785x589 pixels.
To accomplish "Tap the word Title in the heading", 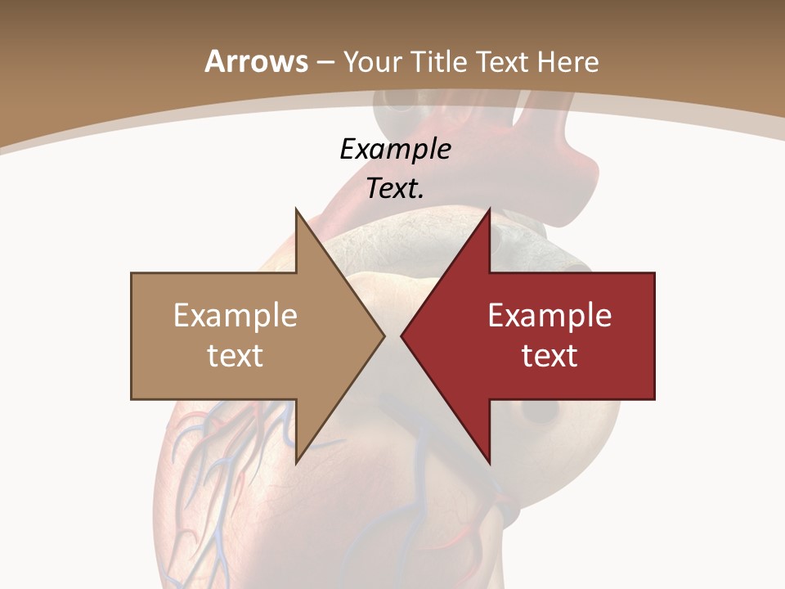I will (x=439, y=62).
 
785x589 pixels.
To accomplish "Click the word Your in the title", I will (x=371, y=62).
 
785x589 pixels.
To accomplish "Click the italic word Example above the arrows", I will (x=396, y=150).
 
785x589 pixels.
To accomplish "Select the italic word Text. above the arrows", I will (x=396, y=189).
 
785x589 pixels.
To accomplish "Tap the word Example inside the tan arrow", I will (x=235, y=316).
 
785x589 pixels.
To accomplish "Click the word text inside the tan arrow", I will (x=235, y=356).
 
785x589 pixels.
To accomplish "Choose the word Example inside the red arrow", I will (x=549, y=316).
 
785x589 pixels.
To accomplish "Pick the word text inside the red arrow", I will (x=549, y=356).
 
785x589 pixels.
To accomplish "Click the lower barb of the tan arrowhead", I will (x=298, y=458).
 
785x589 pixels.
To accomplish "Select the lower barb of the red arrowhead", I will (x=487, y=458).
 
